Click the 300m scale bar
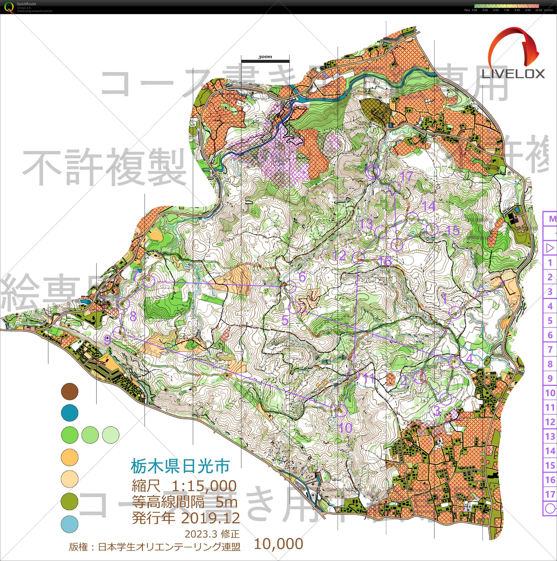pos(265,61)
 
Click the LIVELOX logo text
pos(513,74)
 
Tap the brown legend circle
pos(70,391)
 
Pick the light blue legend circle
pos(70,523)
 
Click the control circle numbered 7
pos(149,282)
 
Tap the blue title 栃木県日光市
pos(180,466)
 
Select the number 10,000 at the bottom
pos(278,544)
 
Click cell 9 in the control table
pos(550,378)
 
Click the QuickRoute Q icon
pos(9,7)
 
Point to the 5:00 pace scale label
pos(485,10)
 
